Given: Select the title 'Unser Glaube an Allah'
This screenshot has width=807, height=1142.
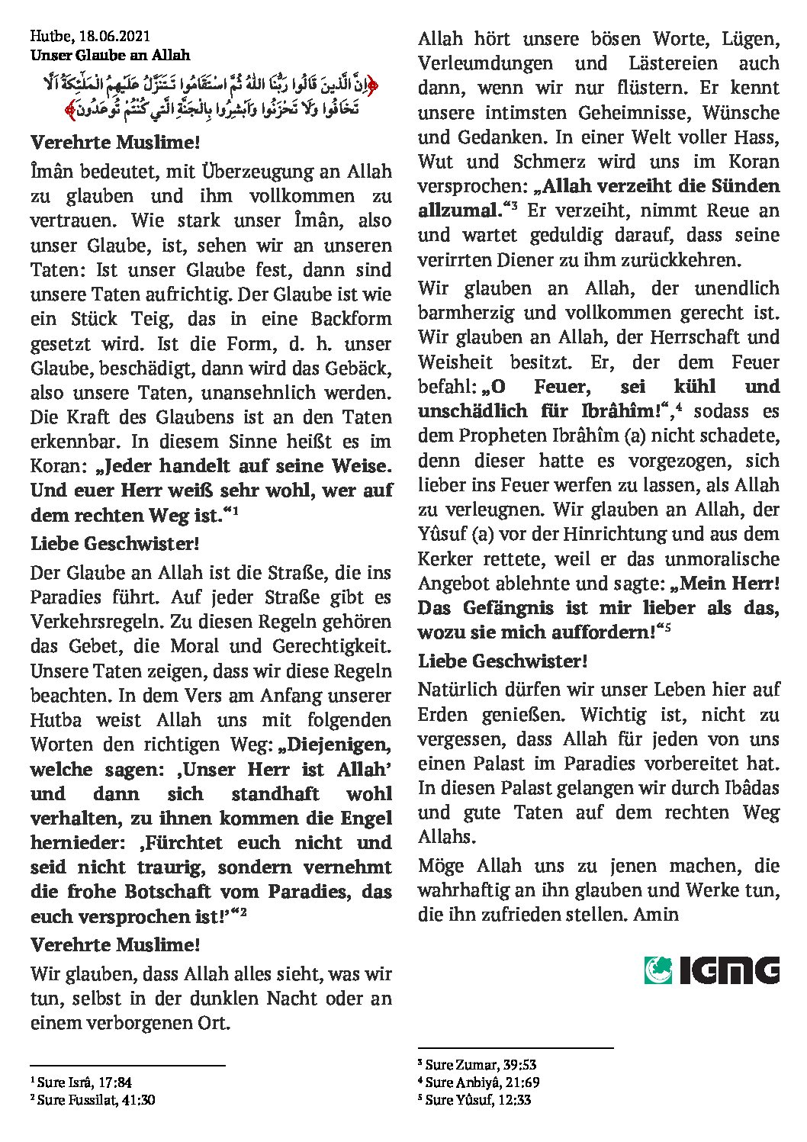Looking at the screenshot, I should [110, 55].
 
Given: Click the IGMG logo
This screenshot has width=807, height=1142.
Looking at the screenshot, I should [712, 970].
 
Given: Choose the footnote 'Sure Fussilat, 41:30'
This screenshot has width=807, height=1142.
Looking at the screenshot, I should [95, 1099].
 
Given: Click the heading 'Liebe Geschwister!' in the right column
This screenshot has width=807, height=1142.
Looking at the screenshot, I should [502, 661].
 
